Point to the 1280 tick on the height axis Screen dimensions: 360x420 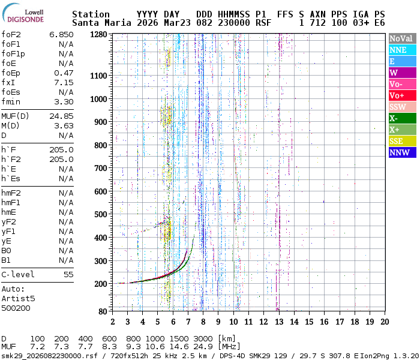[x=98, y=34]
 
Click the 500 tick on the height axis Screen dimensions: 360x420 [x=101, y=214]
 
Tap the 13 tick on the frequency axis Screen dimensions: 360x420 [x=278, y=321]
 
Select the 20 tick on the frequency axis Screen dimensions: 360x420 [x=384, y=321]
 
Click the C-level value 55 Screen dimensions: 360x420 [x=68, y=274]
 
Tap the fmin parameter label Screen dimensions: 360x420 [x=11, y=101]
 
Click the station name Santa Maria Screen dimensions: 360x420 [x=98, y=23]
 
